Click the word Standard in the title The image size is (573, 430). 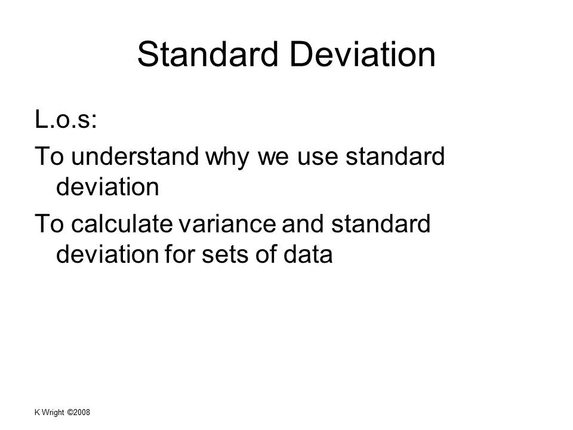pos(208,54)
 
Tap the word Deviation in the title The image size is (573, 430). pos(363,54)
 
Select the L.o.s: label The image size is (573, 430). pos(66,119)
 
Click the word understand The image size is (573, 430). pos(135,156)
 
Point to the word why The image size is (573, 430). pos(227,158)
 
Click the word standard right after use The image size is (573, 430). pos(395,156)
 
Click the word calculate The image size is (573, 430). pos(122,224)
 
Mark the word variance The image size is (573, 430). pos(227,224)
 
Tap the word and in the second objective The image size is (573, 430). pos(303,224)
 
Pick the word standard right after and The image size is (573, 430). pos(381,224)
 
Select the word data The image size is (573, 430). pos(308,254)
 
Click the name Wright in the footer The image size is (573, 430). pos(53,413)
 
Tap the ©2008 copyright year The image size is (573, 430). pos(79,413)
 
